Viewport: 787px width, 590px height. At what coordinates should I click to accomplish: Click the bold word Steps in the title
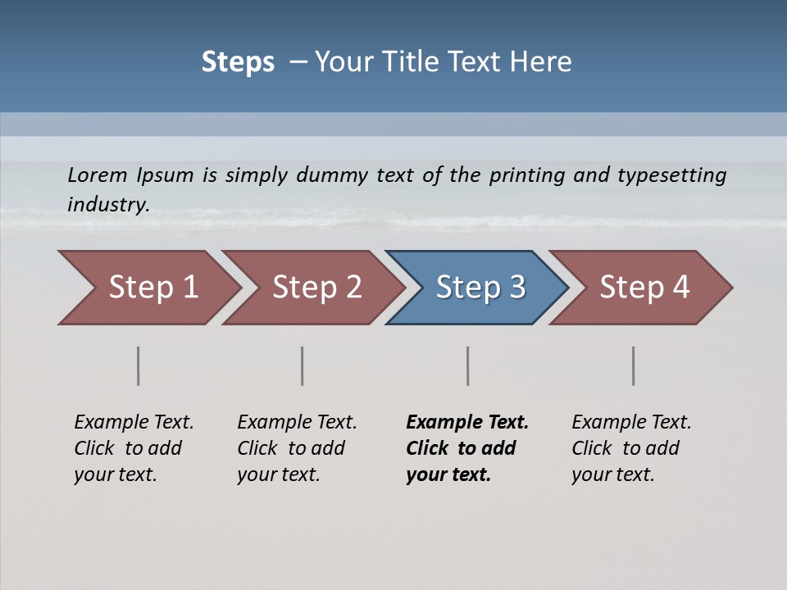(x=238, y=62)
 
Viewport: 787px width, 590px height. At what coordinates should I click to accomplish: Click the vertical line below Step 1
(x=139, y=365)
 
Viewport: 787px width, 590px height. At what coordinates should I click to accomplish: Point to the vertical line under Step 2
(x=303, y=365)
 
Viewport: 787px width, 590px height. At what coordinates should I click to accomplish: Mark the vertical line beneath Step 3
(x=468, y=365)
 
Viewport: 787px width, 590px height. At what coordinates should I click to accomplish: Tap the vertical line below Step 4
(x=634, y=365)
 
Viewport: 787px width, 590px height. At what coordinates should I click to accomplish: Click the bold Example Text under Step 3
(x=467, y=422)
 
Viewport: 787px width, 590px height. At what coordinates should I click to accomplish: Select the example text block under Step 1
(x=133, y=448)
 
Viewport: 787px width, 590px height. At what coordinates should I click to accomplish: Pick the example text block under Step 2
(x=296, y=448)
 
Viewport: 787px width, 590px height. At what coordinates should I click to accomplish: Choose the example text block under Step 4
(x=630, y=448)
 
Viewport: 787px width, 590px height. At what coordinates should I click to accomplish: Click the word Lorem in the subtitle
(x=98, y=175)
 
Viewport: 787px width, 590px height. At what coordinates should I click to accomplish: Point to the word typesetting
(x=671, y=175)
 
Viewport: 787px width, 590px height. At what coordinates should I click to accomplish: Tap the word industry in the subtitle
(x=108, y=205)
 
